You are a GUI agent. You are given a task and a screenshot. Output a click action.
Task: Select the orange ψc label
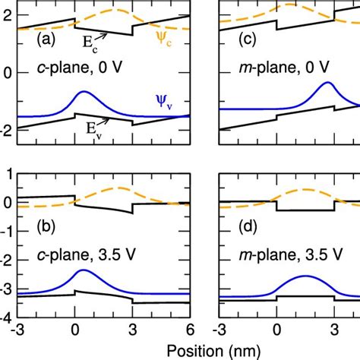pos(181,36)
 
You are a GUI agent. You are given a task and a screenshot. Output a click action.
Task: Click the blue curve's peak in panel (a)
pos(83,93)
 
